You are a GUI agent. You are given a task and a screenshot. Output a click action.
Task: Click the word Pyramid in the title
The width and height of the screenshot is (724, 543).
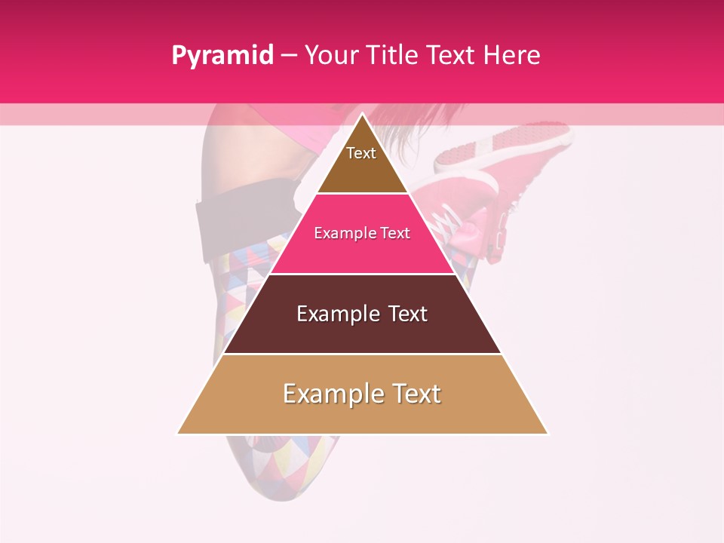coord(222,56)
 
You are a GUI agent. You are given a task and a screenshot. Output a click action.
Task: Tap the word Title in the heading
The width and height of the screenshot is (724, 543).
coord(396,56)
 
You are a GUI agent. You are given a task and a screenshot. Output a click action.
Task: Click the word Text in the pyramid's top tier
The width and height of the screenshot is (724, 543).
coord(361,153)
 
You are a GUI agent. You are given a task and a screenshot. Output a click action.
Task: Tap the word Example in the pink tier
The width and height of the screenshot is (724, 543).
coord(340,234)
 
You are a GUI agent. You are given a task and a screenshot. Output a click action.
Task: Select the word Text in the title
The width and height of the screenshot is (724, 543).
coord(452,56)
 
